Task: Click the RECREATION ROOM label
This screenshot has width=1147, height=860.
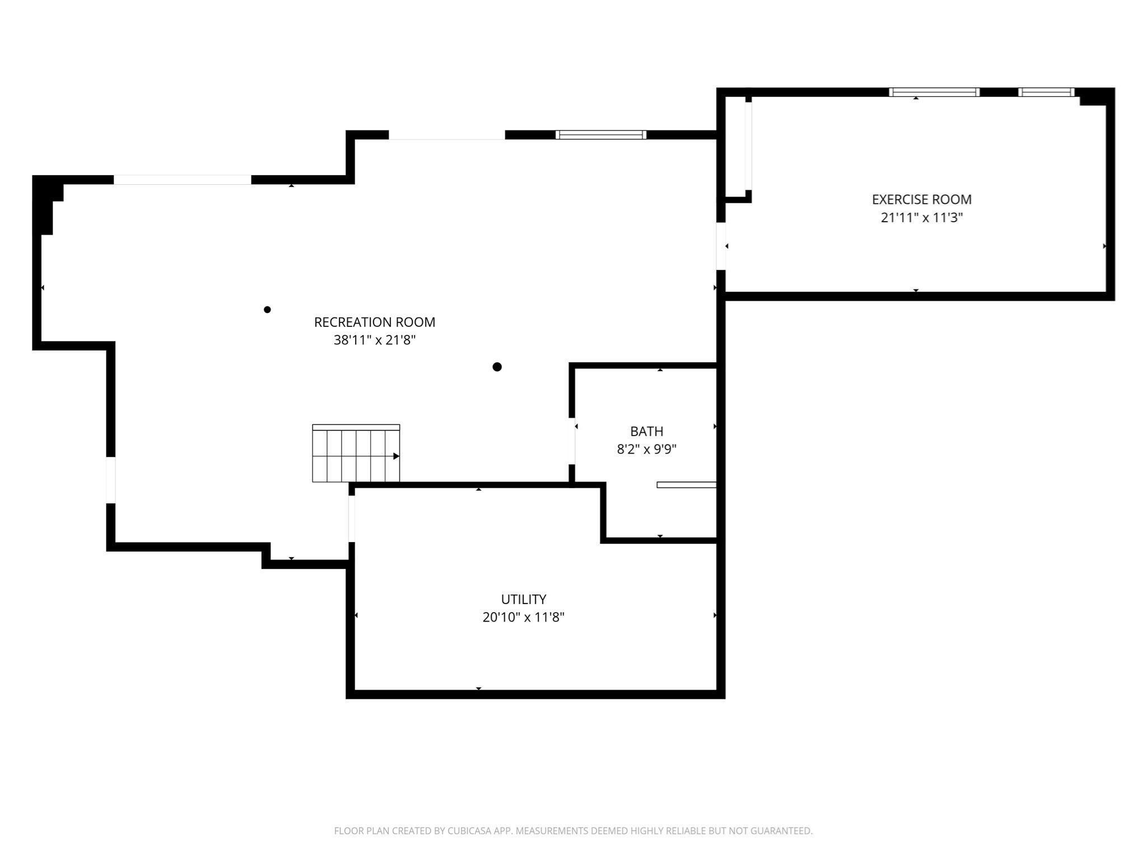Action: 374,322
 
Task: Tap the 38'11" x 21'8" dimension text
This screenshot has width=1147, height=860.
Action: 374,340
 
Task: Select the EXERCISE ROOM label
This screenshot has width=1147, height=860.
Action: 921,199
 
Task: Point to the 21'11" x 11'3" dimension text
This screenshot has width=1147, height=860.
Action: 921,218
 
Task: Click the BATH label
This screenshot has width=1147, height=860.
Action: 646,431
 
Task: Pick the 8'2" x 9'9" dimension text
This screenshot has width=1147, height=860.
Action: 646,449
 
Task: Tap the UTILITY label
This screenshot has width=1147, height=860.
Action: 523,599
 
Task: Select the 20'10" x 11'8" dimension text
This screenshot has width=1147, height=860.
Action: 523,617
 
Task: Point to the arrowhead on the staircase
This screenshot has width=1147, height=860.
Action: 396,456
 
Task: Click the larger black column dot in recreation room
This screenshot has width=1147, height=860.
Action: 497,367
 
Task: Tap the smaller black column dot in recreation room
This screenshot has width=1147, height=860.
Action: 267,310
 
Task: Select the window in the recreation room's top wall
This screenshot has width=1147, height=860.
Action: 600,135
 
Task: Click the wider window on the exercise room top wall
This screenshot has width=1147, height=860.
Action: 934,92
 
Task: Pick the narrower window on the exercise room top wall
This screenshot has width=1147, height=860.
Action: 1046,92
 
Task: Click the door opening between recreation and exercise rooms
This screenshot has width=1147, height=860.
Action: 721,246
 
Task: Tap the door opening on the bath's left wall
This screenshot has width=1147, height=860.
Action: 572,441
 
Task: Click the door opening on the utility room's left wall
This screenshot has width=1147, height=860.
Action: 351,518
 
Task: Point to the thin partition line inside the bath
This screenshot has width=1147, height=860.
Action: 686,485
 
